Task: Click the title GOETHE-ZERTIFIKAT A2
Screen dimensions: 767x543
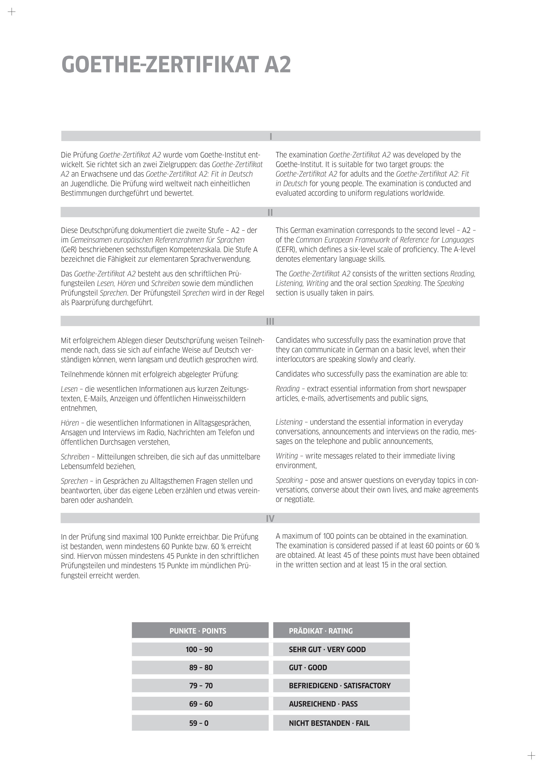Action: click(176, 65)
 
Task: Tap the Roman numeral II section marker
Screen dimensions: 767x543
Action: click(270, 212)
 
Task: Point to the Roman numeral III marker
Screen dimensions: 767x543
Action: click(270, 321)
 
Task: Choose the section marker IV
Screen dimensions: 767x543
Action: click(270, 519)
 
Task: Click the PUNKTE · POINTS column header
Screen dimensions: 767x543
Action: click(198, 631)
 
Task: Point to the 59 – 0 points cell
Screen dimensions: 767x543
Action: click(199, 723)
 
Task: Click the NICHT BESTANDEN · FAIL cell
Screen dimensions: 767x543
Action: click(329, 723)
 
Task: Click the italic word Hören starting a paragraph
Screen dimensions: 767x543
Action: click(70, 423)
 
